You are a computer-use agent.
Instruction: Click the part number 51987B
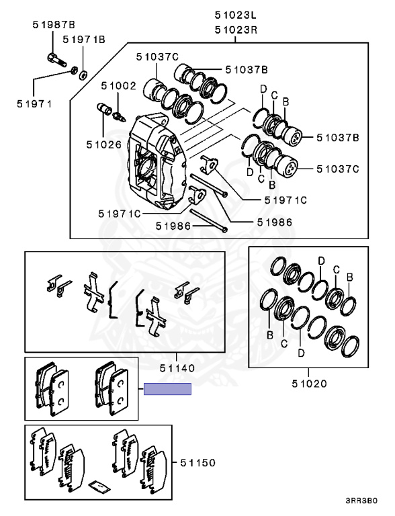tap(54, 25)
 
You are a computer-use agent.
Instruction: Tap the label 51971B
tap(84, 40)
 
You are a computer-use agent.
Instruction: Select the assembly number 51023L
tap(236, 15)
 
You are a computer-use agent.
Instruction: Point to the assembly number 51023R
tap(236, 30)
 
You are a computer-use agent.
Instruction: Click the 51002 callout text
tap(118, 86)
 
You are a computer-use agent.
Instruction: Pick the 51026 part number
tap(104, 144)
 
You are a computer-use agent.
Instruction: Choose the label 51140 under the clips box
tap(177, 368)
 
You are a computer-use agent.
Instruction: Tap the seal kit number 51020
tap(310, 384)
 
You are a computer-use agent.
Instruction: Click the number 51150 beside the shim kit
tap(197, 463)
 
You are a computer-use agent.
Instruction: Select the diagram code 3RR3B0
tap(361, 501)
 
